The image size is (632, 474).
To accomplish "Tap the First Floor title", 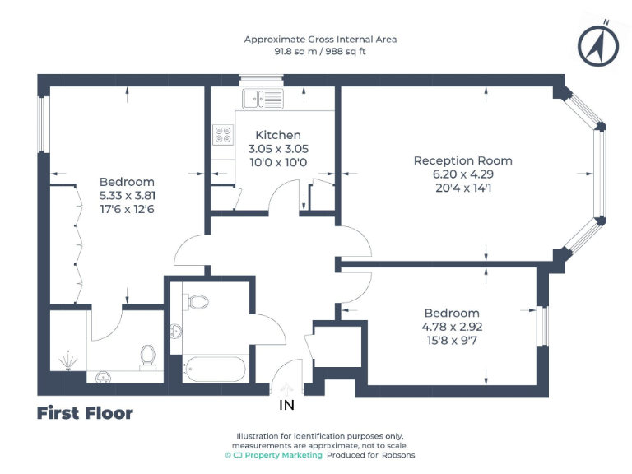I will pyautogui.click(x=85, y=413).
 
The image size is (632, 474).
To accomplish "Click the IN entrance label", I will pyautogui.click(x=287, y=405).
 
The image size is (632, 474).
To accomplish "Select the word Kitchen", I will pyautogui.click(x=278, y=135).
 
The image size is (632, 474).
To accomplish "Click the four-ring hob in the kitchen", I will pyautogui.click(x=223, y=135).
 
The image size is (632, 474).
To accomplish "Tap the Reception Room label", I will pyautogui.click(x=462, y=160).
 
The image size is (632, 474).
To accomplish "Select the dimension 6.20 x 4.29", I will pyautogui.click(x=462, y=174).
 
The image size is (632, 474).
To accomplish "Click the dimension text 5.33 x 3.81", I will pyautogui.click(x=127, y=196).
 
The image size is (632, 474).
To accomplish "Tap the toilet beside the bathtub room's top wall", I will pyautogui.click(x=198, y=302).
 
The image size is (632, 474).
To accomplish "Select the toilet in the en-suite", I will pyautogui.click(x=148, y=356).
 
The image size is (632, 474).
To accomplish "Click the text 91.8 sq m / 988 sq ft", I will pyautogui.click(x=320, y=50).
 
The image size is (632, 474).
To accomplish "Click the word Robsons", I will pyautogui.click(x=398, y=455).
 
